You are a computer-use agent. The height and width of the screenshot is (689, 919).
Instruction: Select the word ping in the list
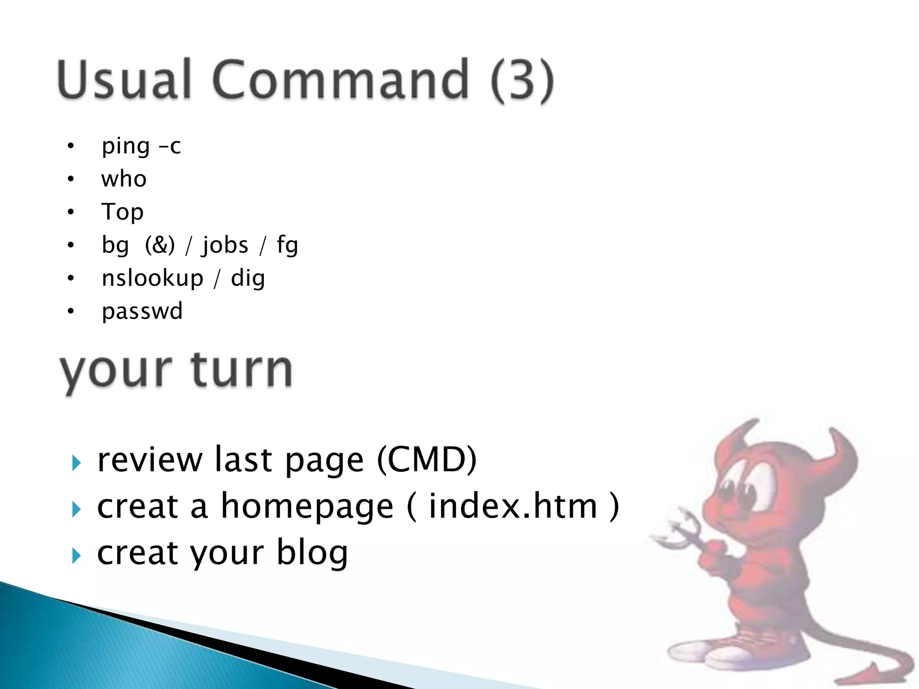click(126, 146)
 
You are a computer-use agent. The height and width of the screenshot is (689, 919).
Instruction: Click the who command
click(124, 179)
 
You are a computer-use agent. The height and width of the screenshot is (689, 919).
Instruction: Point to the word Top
click(122, 212)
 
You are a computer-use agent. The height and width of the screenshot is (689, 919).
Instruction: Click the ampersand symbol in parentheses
click(160, 245)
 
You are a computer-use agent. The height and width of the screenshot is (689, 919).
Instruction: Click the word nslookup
click(153, 279)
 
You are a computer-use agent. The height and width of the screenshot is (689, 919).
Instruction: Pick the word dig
click(248, 279)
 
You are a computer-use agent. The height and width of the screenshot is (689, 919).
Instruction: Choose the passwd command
click(142, 311)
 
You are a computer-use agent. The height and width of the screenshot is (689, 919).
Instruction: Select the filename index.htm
click(513, 506)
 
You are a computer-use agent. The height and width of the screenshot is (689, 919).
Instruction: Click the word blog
click(312, 553)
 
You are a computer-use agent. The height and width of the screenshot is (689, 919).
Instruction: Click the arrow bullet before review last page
click(76, 462)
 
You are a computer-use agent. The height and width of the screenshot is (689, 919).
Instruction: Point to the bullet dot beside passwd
click(70, 311)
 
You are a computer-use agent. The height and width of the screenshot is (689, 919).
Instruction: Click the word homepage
click(307, 507)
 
